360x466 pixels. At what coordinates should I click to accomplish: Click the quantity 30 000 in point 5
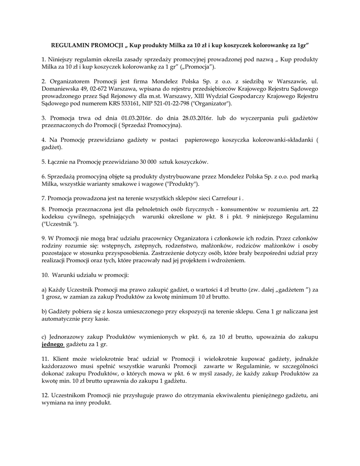click(x=146, y=162)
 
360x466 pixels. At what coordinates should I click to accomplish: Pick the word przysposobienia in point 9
click(x=144, y=253)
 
